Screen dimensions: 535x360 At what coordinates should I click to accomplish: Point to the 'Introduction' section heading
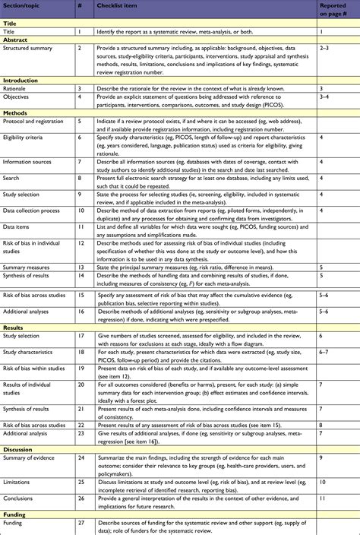[x=21, y=80]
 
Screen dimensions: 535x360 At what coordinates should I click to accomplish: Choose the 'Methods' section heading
[x=16, y=111]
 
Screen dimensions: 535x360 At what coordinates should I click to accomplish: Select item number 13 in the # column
[x=81, y=268]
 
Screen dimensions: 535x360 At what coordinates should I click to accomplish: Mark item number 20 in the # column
[x=81, y=386]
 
